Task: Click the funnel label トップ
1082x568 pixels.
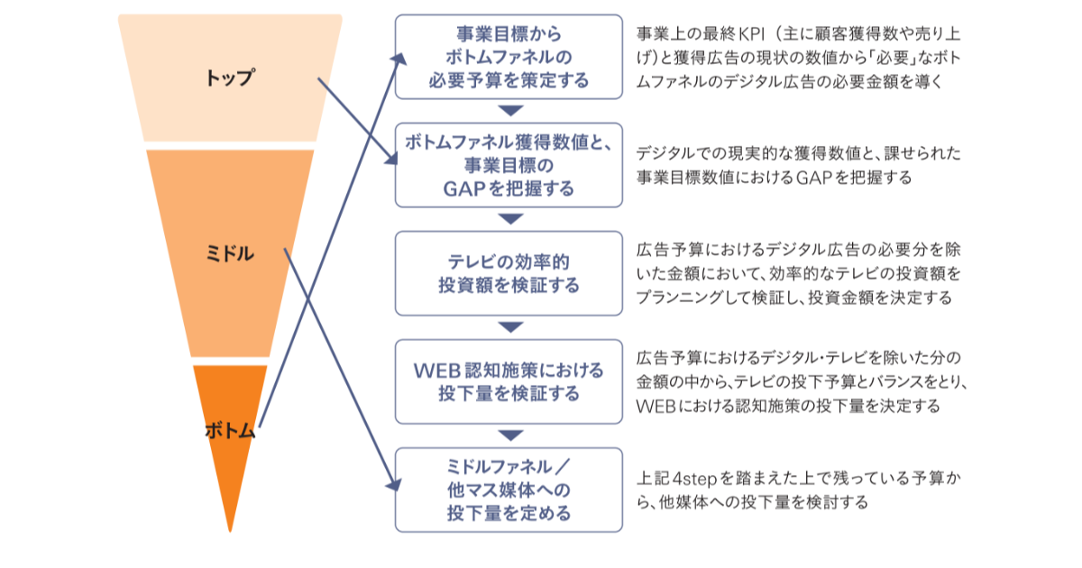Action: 230,78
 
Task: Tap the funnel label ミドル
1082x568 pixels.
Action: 230,253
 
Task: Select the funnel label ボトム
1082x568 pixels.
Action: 230,430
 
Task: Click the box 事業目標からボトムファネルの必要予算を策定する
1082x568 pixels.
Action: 509,57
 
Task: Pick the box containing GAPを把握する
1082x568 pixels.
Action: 509,165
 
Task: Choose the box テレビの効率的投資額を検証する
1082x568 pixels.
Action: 509,273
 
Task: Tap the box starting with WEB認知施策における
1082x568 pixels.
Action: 509,381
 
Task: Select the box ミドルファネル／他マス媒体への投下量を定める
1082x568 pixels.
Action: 509,490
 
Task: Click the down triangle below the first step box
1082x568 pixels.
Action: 510,111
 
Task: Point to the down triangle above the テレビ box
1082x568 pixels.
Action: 510,219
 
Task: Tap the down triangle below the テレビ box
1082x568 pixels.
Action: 510,327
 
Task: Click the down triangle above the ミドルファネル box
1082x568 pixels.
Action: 510,435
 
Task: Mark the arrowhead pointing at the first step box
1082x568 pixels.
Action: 399,60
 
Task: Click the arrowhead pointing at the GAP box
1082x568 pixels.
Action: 391,158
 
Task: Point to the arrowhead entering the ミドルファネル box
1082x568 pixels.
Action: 395,484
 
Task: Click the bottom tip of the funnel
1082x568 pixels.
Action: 230,531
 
